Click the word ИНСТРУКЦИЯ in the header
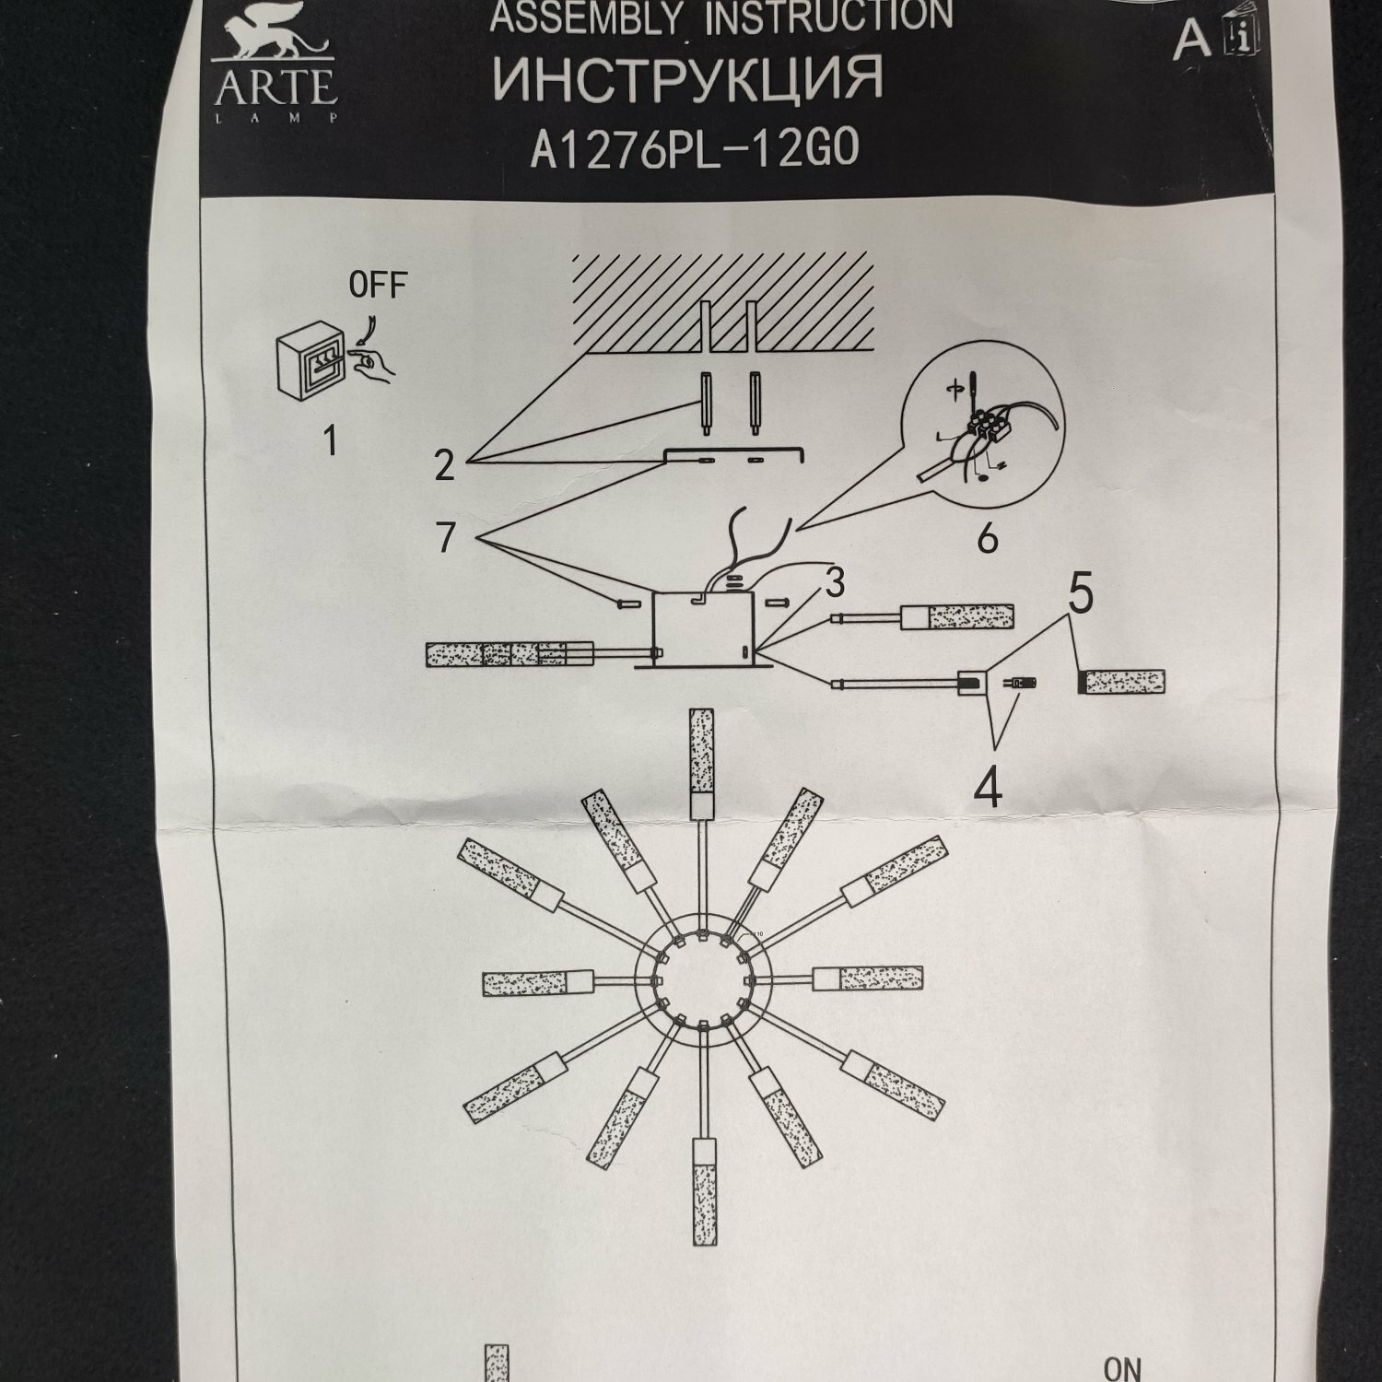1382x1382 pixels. click(x=688, y=79)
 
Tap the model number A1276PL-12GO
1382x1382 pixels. click(x=695, y=149)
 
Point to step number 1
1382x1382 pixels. click(x=329, y=442)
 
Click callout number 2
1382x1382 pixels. click(x=444, y=466)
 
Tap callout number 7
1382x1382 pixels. click(x=446, y=537)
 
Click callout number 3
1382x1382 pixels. click(x=835, y=581)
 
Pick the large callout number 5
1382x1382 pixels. click(x=1081, y=594)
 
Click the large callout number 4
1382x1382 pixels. click(x=987, y=788)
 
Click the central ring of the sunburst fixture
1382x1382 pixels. click(x=702, y=979)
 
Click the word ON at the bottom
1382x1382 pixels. click(x=1122, y=1368)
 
